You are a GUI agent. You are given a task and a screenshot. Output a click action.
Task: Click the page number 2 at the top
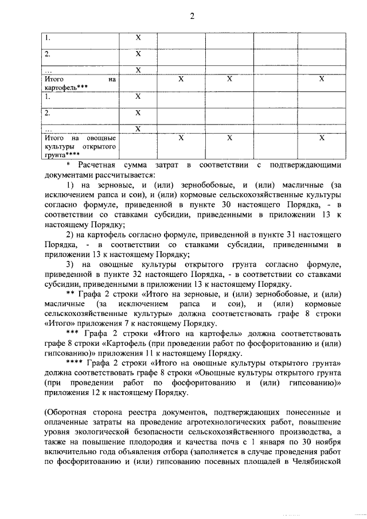[x=193, y=16]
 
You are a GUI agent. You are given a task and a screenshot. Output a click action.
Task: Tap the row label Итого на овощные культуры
[x=80, y=146]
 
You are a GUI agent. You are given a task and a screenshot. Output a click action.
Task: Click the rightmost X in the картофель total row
[x=322, y=79]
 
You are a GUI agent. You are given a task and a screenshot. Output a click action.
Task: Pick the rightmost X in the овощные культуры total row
[x=322, y=138]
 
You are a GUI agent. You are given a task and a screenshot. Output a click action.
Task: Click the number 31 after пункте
[x=284, y=235]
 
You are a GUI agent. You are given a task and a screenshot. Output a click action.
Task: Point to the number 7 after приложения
[x=135, y=323]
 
